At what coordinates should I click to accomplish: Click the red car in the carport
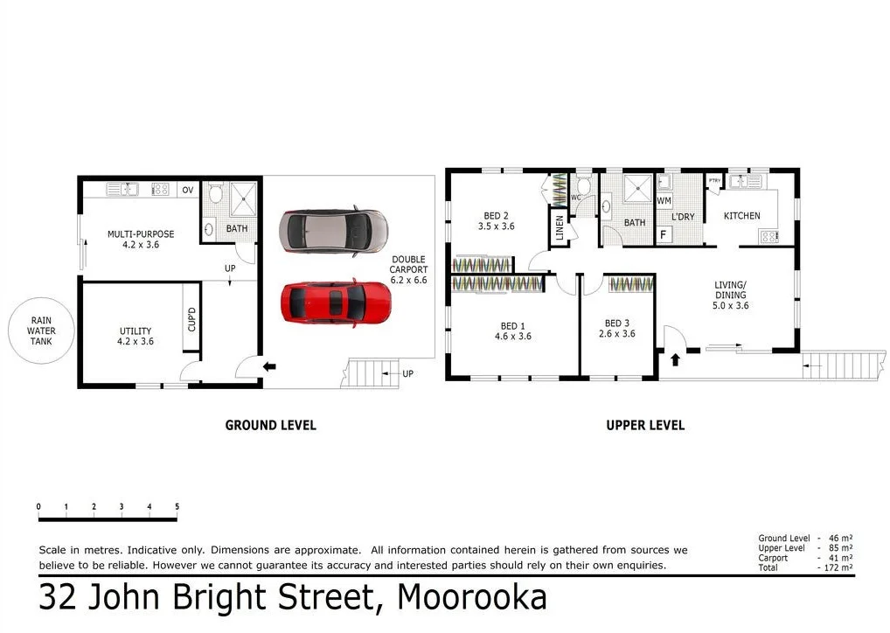point(335,303)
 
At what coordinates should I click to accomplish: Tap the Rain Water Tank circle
point(40,330)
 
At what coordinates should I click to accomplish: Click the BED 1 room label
point(512,330)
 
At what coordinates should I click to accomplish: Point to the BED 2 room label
point(496,220)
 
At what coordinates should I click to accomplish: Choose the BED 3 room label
point(617,328)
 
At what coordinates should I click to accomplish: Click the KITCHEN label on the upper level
point(741,216)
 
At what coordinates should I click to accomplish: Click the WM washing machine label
point(664,201)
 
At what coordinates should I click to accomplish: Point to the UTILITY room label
point(136,337)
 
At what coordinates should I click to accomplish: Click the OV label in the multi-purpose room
point(187,190)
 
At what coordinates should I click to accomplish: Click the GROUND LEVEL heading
point(270,426)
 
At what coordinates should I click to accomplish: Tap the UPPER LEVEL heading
point(645,426)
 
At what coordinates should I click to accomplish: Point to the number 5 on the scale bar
point(177,507)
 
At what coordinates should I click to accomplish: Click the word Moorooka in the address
point(472,598)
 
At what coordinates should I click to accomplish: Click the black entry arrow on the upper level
point(674,358)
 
